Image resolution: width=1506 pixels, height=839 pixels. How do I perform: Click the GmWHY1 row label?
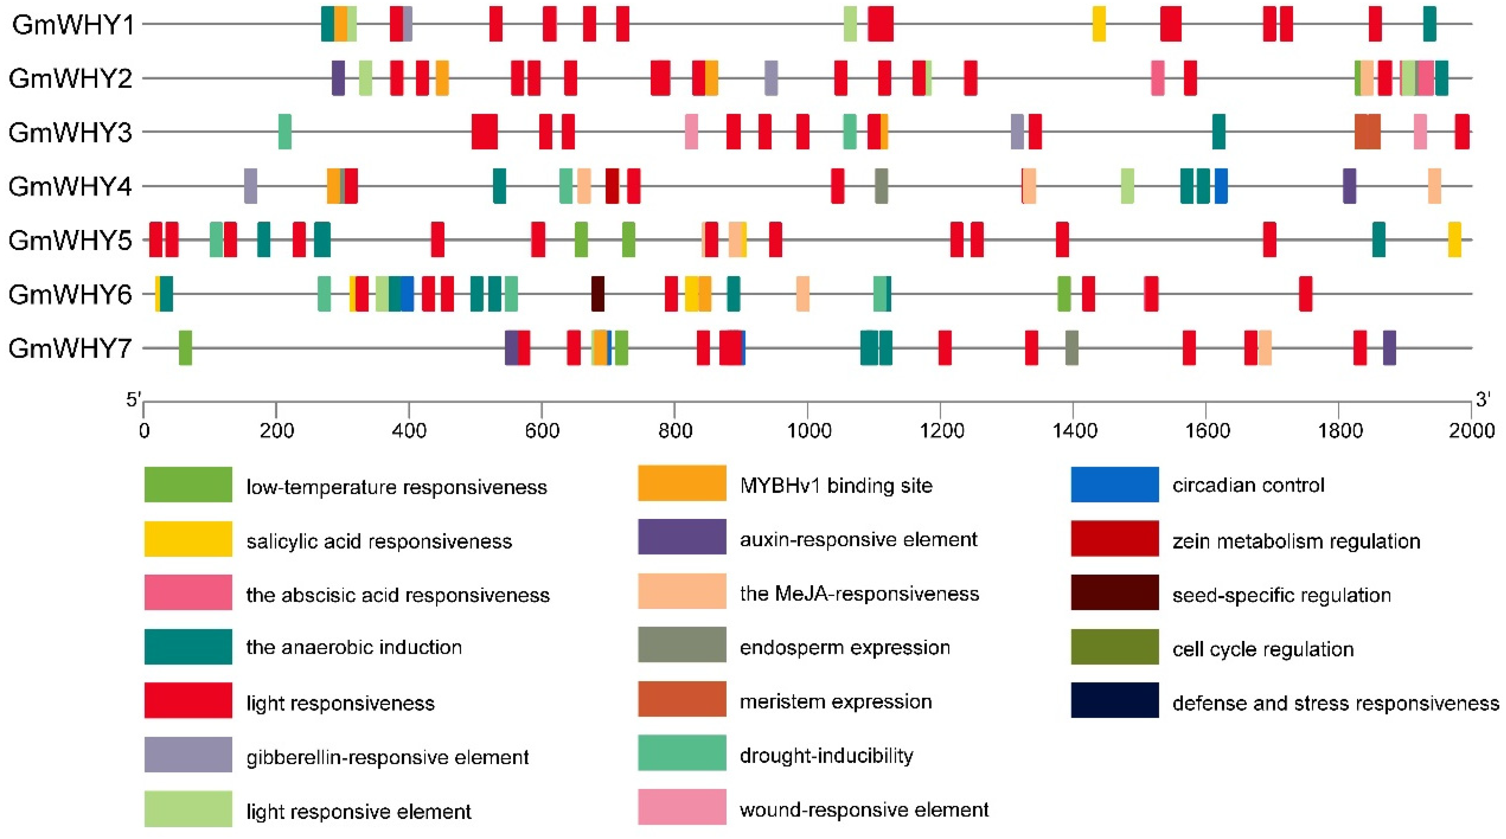click(73, 25)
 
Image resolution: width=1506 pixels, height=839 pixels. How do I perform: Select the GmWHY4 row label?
click(70, 187)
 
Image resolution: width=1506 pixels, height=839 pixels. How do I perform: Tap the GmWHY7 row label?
click(70, 349)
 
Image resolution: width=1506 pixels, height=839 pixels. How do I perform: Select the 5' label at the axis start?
click(133, 400)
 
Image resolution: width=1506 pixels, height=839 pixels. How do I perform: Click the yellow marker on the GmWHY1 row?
click(1099, 24)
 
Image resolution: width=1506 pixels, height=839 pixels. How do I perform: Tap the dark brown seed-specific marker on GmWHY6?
click(598, 294)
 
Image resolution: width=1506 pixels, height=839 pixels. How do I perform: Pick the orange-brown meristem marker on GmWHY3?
click(1367, 132)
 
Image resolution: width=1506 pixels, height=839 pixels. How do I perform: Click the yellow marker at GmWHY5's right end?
click(1454, 239)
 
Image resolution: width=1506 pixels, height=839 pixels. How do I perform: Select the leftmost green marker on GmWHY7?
click(185, 348)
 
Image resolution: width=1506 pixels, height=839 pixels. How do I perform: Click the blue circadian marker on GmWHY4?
click(1221, 186)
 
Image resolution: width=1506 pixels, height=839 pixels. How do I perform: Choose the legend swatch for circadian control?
click(1114, 484)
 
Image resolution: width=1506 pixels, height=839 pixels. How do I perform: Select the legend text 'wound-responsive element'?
click(864, 810)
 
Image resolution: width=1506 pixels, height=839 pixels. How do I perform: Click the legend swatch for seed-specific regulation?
click(1114, 592)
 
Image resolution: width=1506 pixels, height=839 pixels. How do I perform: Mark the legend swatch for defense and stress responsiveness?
click(1114, 700)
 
